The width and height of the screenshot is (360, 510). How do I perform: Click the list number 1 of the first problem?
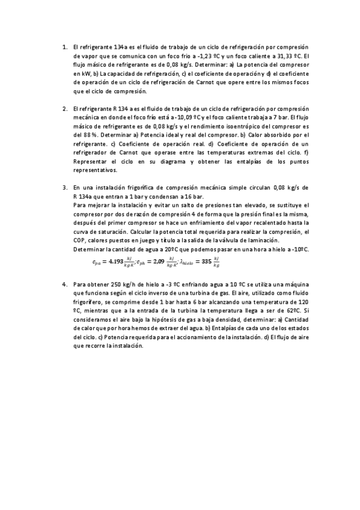click(64, 47)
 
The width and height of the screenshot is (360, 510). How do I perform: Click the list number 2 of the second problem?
click(64, 108)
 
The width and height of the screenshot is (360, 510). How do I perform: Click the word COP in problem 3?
click(79, 241)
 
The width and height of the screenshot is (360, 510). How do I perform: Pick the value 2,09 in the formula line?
click(158, 261)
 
